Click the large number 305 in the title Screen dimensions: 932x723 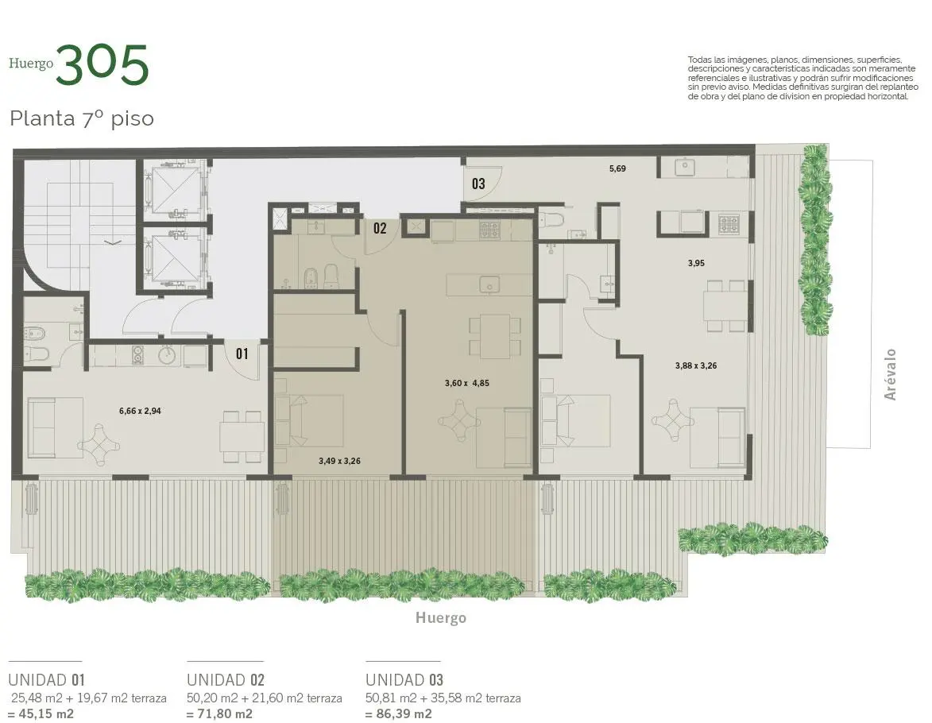click(x=102, y=65)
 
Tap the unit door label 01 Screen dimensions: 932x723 click(x=242, y=354)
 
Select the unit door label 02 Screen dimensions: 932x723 click(x=380, y=228)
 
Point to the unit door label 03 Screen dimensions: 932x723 click(x=478, y=184)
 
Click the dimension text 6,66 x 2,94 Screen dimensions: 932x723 click(x=140, y=411)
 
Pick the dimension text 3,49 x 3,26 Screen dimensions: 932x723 click(x=339, y=461)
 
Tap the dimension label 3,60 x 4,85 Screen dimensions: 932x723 click(x=467, y=384)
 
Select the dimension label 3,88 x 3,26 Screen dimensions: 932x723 click(x=696, y=365)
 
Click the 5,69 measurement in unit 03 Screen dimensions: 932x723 click(x=617, y=168)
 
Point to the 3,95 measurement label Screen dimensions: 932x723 click(x=696, y=263)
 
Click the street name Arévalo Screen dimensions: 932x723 click(x=890, y=374)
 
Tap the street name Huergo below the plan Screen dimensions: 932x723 click(x=440, y=618)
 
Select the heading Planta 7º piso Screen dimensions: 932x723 click(x=81, y=118)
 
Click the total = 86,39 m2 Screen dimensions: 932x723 click(x=398, y=713)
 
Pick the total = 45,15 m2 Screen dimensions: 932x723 click(x=41, y=713)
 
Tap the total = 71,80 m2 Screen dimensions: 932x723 click(x=220, y=713)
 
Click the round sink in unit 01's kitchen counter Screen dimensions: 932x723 click(x=166, y=355)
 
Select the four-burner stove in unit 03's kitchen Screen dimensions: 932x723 click(x=729, y=224)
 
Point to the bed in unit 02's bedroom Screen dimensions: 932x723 click(x=308, y=421)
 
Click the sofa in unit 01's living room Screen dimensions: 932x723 click(x=56, y=427)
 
